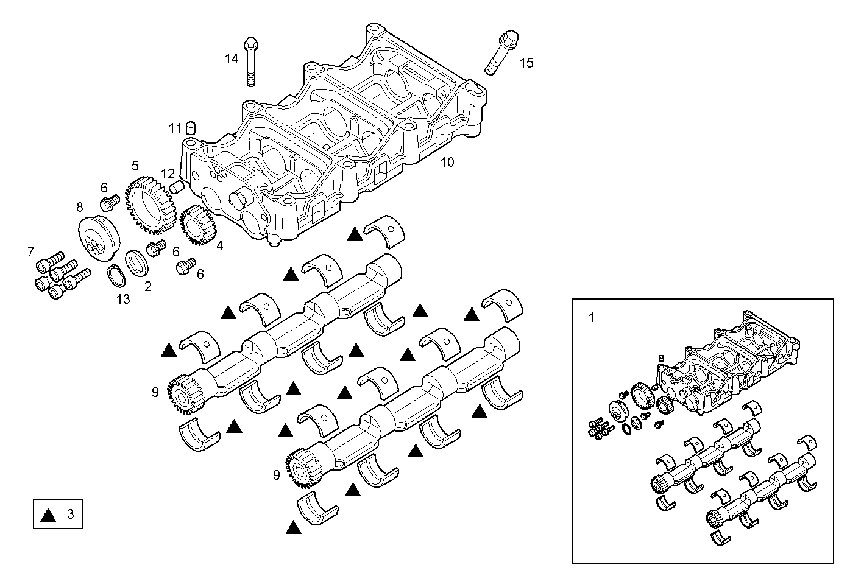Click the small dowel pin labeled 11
click(x=191, y=128)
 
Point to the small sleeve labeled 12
click(x=176, y=186)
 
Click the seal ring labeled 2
click(x=138, y=262)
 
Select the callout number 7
click(x=30, y=251)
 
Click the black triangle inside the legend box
click(x=48, y=515)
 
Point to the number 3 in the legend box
click(x=70, y=515)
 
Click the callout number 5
click(x=135, y=166)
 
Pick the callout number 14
click(x=231, y=58)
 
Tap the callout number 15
click(x=526, y=62)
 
